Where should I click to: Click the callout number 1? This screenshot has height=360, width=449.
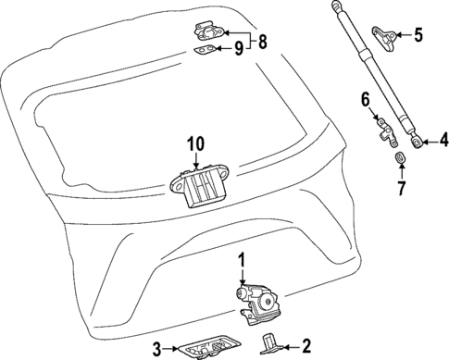[243, 260]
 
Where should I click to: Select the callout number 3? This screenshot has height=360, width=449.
[157, 348]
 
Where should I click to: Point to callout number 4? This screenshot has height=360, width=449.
[443, 141]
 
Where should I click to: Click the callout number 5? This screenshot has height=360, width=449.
[418, 36]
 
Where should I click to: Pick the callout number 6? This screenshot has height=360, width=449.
[365, 98]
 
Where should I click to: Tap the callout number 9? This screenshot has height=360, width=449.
[239, 49]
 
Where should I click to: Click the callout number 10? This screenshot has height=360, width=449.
[193, 144]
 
